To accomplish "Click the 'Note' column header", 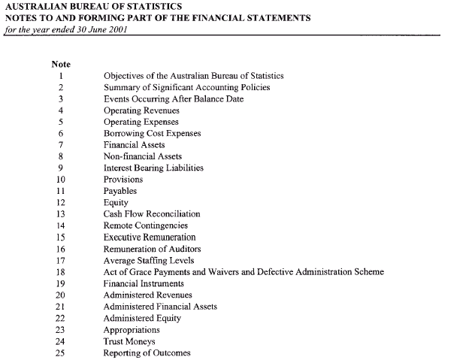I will point(60,64).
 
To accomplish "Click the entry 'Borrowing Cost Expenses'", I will point(152,133).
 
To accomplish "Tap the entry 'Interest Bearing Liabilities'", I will point(153,168).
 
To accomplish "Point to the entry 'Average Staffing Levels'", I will point(147,260).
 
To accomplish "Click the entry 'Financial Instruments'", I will point(144,283).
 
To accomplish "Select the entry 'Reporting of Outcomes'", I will point(147,352).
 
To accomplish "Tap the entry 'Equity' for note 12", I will point(115,202).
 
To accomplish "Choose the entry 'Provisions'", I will point(123,180).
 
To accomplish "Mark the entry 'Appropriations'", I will point(132,329).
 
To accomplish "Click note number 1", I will point(61,76).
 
